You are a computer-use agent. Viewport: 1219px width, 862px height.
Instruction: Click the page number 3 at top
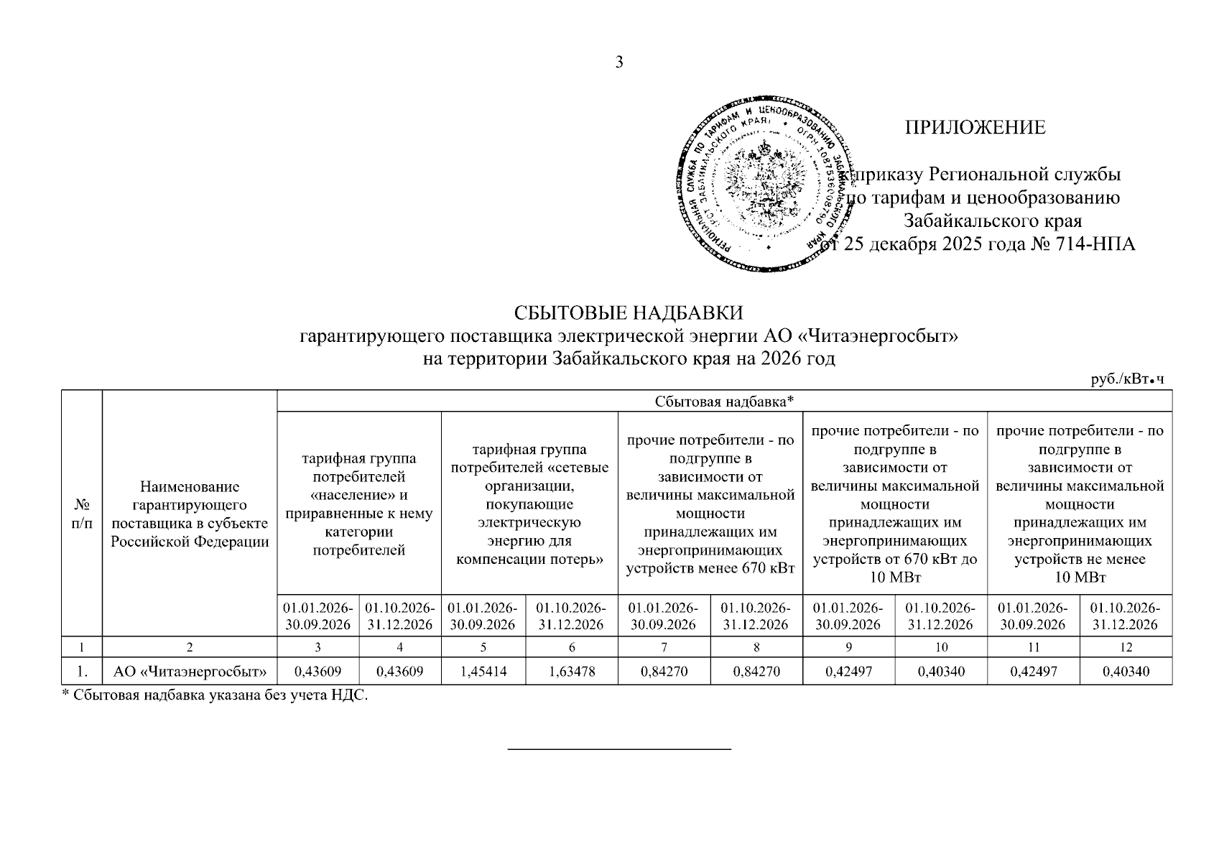click(619, 62)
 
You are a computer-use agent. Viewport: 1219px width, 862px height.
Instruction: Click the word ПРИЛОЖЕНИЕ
click(975, 128)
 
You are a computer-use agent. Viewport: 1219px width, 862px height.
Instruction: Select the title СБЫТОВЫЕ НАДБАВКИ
click(628, 313)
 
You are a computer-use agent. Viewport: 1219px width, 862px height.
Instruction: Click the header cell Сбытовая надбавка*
click(724, 401)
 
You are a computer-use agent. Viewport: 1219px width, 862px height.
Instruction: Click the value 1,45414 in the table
click(483, 672)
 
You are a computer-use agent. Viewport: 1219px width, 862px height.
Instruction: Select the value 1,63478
click(572, 672)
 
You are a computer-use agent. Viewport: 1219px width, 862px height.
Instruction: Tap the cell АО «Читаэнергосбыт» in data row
click(190, 672)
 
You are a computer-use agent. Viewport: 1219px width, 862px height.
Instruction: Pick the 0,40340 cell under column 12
click(1126, 672)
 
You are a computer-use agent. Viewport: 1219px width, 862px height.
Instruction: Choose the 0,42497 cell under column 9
click(848, 672)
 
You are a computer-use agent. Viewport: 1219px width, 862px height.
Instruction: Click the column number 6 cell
click(572, 647)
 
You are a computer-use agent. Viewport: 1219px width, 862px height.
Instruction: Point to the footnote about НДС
click(214, 695)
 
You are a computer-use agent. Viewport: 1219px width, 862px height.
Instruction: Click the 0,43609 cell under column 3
click(318, 672)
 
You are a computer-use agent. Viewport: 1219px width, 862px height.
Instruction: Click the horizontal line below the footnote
click(619, 750)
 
